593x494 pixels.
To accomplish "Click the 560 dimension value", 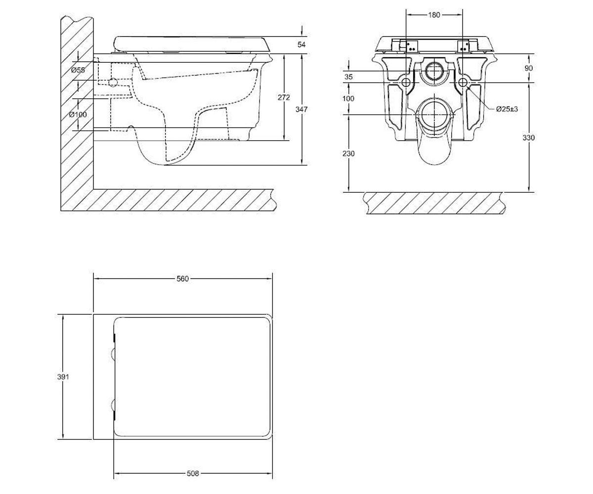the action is [x=183, y=279].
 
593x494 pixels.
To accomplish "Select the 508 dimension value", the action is [x=193, y=473].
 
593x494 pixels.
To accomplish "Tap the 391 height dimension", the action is [x=63, y=377].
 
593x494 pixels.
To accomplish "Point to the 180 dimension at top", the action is [x=434, y=15].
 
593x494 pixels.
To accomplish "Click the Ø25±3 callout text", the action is [x=507, y=109].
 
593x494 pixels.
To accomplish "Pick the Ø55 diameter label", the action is [x=78, y=70].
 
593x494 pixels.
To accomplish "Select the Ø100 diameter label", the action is [x=78, y=115].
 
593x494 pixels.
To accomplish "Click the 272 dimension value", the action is [x=284, y=97].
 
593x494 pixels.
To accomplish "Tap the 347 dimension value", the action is [x=301, y=109].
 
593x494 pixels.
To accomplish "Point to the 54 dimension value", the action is [x=301, y=44].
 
